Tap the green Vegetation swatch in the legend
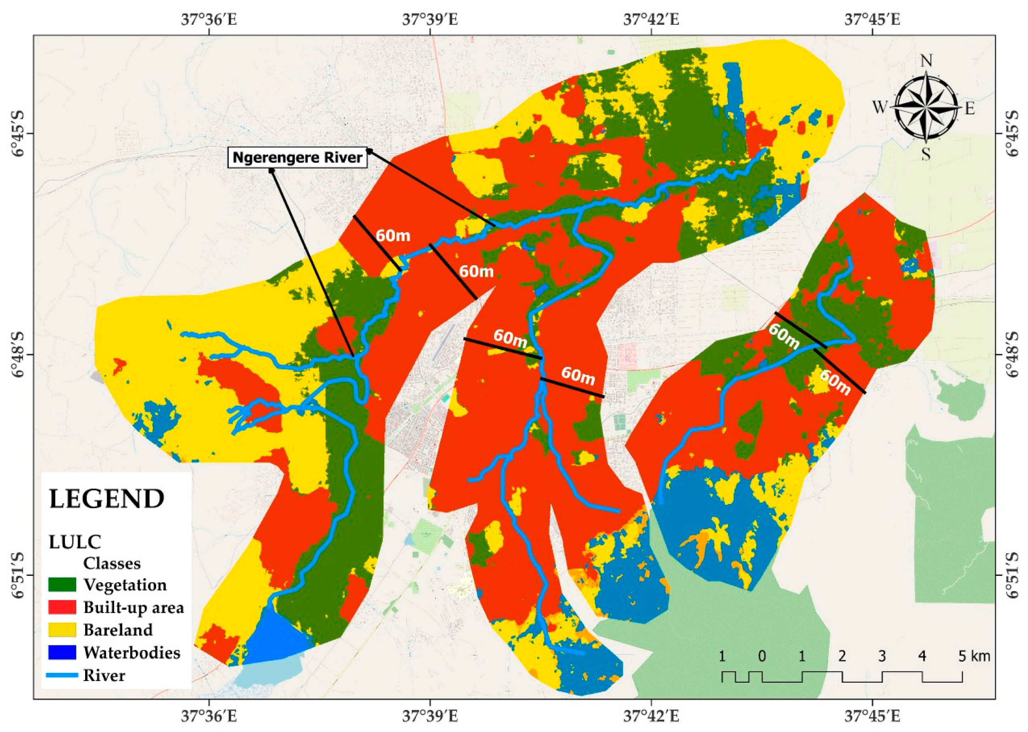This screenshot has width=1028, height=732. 62,585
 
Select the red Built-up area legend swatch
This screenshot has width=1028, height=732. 62,607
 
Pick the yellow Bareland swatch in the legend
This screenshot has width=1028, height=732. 62,630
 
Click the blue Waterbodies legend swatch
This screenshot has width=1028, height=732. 62,652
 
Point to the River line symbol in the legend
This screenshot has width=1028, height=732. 62,675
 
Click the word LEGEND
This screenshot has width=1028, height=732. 106,499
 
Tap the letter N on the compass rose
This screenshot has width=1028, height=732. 926,60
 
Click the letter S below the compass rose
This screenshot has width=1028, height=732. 926,154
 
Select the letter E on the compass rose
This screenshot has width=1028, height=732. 970,108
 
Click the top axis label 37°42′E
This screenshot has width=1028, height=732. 651,20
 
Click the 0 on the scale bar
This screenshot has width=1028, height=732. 762,656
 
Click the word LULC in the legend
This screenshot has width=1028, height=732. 75,542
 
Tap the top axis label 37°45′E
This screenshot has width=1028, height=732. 872,20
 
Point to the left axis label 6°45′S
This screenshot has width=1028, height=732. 17,133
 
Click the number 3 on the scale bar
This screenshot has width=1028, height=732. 882,656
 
